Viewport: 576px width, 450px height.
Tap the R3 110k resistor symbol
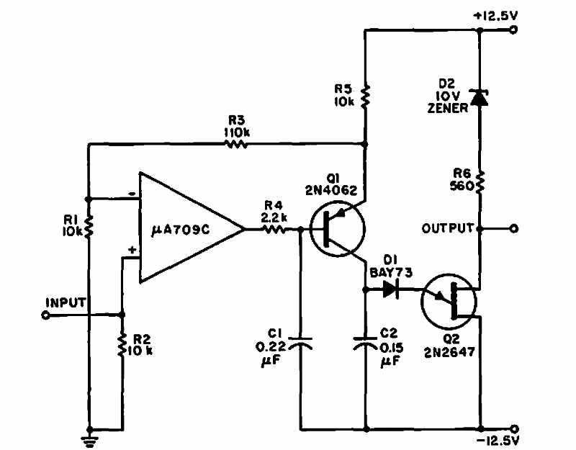pyautogui.click(x=236, y=144)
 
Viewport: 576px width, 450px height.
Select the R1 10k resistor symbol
pyautogui.click(x=88, y=227)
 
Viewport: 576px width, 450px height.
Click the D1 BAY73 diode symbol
pyautogui.click(x=392, y=289)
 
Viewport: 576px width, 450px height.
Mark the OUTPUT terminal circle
pyautogui.click(x=513, y=229)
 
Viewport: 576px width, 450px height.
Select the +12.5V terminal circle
pyautogui.click(x=513, y=30)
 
